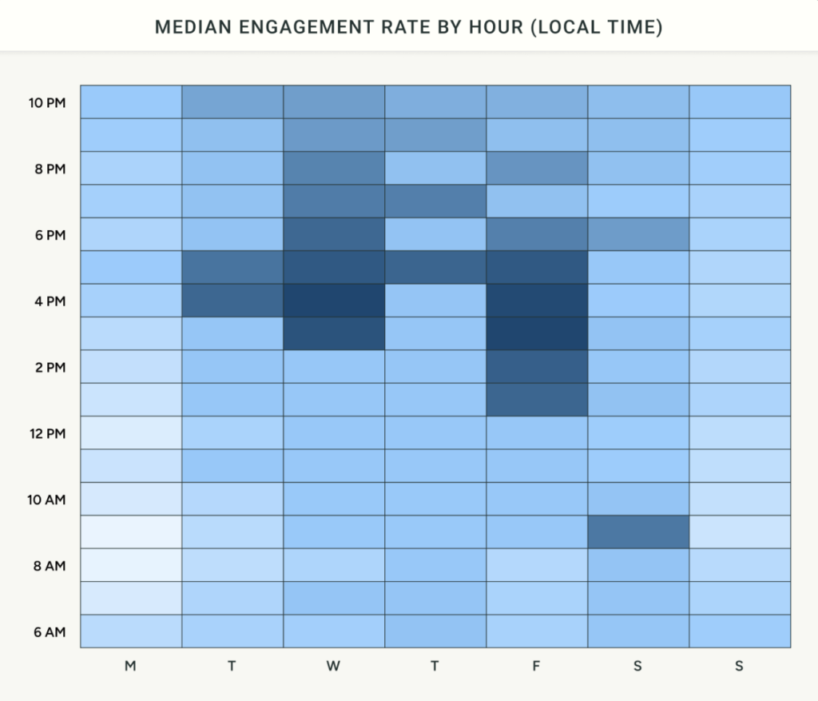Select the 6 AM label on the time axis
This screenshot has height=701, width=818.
pos(50,632)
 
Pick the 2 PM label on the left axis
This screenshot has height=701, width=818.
pos(50,368)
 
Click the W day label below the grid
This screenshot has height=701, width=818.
pos(333,666)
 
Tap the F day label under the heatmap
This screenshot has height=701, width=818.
pos(536,666)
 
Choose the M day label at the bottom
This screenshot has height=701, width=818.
pos(130,666)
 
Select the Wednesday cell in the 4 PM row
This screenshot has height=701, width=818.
pos(334,301)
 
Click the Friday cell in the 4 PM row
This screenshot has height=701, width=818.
pos(537,301)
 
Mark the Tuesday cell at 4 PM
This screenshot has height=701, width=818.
pos(232,301)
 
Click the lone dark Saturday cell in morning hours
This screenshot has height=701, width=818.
pos(638,532)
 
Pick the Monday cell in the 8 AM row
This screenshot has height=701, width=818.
pos(131,565)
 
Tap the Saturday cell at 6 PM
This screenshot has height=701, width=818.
pos(638,234)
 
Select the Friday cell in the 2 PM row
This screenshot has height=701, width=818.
pos(537,367)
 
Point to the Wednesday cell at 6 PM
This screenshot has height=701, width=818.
pos(334,234)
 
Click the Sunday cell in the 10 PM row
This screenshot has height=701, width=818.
pos(740,102)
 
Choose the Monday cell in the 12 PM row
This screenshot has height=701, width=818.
pos(131,433)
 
